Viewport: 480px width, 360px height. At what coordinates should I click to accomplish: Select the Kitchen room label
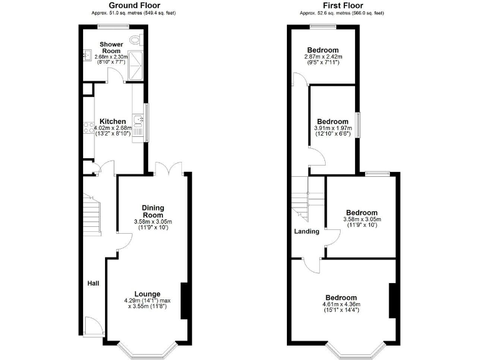coord(112,121)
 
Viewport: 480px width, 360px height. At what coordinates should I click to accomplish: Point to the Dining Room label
coord(152,211)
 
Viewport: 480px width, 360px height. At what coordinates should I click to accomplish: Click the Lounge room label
coord(147,294)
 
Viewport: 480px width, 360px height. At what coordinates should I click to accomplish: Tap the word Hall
coord(93,284)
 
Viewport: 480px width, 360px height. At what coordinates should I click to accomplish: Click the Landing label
coord(307,231)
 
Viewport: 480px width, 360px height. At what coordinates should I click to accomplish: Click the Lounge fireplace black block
coord(184,301)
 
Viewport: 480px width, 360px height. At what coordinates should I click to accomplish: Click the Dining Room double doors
coord(169,169)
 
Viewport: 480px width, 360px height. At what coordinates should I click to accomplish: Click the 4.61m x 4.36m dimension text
coord(340,304)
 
